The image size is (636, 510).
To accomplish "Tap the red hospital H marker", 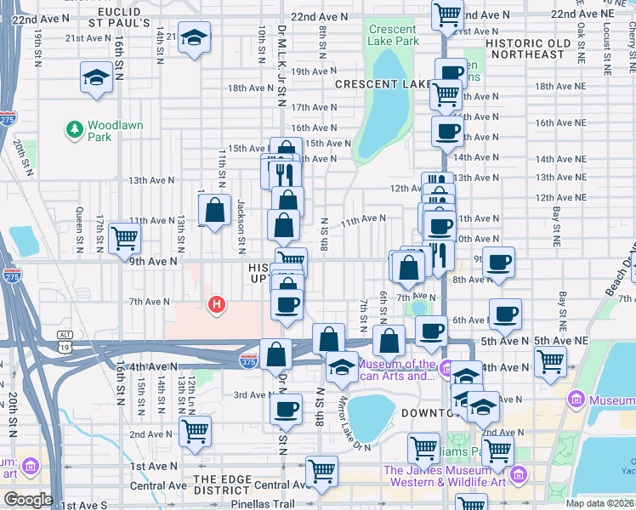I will pyautogui.click(x=217, y=303).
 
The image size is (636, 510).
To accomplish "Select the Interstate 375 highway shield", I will pyautogui.click(x=249, y=360).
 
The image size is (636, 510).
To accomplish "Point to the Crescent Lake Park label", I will pyautogui.click(x=393, y=35).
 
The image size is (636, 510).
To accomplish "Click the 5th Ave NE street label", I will pyautogui.click(x=561, y=341).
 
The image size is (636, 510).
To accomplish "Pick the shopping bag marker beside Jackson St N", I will pyautogui.click(x=216, y=209).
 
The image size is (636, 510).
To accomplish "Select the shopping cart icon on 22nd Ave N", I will pyautogui.click(x=446, y=14).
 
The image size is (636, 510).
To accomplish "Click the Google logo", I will pyautogui.click(x=28, y=500).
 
